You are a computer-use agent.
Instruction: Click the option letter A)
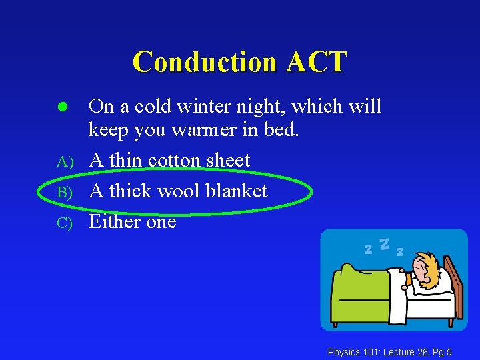pyautogui.click(x=64, y=161)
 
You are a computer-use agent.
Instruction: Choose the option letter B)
pyautogui.click(x=64, y=192)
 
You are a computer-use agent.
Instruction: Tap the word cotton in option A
pyautogui.click(x=174, y=161)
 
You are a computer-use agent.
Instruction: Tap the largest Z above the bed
pyautogui.click(x=384, y=244)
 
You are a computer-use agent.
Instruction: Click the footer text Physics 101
pyautogui.click(x=351, y=351)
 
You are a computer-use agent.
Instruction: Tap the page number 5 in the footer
pyautogui.click(x=449, y=351)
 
